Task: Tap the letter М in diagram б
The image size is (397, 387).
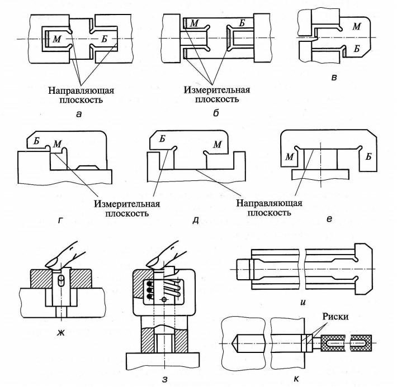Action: [194, 23]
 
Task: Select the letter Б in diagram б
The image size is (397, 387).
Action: [242, 23]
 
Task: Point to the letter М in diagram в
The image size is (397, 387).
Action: [356, 26]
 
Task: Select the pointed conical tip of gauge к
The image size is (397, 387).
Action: [234, 342]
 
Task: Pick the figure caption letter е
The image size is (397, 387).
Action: [329, 219]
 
